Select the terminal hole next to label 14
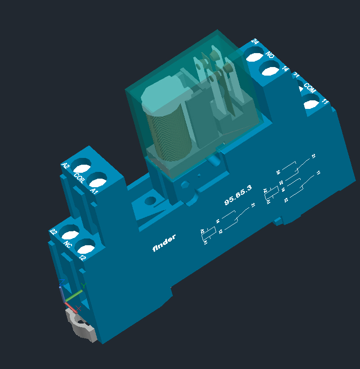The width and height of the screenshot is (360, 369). coord(270,71)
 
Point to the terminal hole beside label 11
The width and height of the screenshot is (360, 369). coord(310,104)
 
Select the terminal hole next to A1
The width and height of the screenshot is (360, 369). coord(98,182)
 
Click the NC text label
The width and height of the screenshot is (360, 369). coord(67,245)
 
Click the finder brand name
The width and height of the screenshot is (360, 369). coord(164,243)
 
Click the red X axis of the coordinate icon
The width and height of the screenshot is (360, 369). coord(71,307)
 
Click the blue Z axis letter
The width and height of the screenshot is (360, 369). coord(62,282)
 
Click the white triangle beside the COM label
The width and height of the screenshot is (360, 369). coord(301,89)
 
